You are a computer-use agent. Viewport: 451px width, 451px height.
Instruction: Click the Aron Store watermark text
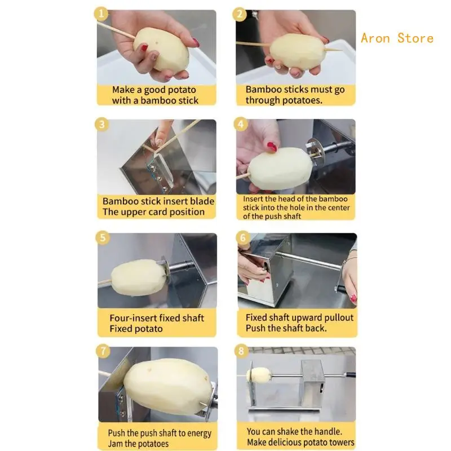point(397,38)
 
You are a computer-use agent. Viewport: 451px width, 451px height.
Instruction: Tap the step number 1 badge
point(101,14)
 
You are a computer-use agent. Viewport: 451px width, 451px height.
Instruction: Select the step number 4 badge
point(241,124)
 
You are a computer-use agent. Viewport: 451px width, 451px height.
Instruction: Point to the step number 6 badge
point(243,237)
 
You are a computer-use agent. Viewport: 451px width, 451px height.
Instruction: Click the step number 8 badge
point(241,351)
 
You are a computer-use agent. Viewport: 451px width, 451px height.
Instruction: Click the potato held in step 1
point(161,49)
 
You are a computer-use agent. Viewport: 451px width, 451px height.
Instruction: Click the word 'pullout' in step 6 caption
point(339,317)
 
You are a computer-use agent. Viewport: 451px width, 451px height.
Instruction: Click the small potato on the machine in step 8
point(260,375)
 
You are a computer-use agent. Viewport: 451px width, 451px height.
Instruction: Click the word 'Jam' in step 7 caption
point(115,444)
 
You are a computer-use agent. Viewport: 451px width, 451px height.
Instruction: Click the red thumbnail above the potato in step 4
point(272,147)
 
